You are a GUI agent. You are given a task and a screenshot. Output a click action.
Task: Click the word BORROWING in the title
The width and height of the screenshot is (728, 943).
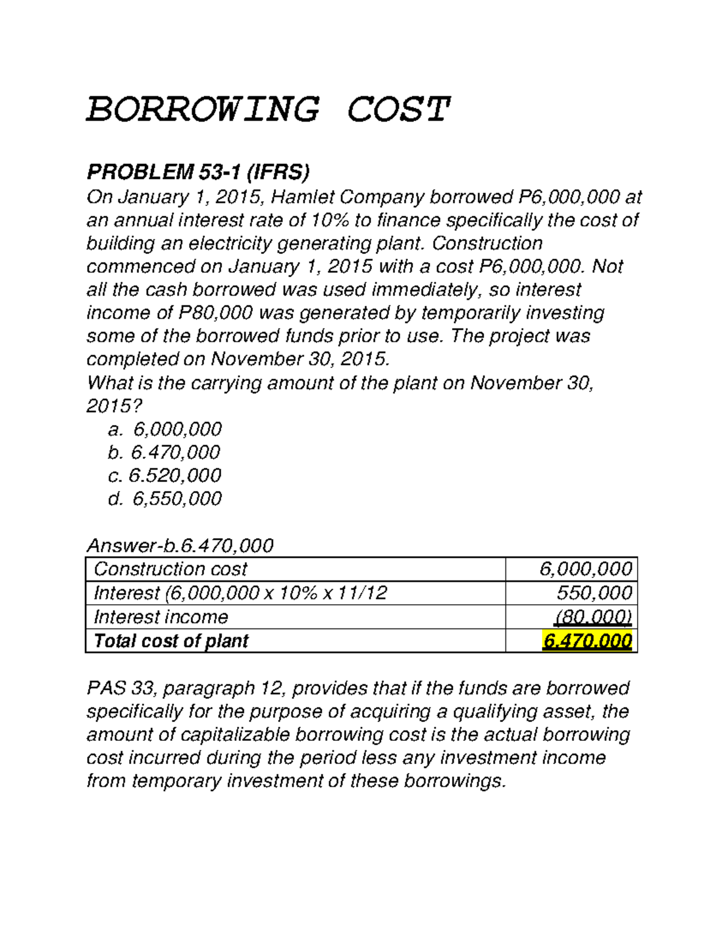point(203,110)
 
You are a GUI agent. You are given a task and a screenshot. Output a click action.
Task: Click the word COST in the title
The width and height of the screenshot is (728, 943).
point(398,110)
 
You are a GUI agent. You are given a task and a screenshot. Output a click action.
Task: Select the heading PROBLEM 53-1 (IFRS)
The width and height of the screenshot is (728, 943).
point(198,172)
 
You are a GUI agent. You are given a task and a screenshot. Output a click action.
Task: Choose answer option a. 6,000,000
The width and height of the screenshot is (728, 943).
point(165,429)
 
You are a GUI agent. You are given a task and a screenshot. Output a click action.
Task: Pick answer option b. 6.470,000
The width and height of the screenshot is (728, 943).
point(164,452)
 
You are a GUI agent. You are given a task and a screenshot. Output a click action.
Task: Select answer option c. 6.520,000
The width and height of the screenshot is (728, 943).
point(164,475)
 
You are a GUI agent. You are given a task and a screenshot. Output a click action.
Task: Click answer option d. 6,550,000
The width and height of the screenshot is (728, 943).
point(165,499)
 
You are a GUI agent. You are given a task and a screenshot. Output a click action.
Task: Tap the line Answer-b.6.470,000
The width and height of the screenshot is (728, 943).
point(180,545)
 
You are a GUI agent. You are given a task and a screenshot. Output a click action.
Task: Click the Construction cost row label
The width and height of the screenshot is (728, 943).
point(170,569)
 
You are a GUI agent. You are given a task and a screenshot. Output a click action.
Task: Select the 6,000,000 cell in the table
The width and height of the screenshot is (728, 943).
point(585,569)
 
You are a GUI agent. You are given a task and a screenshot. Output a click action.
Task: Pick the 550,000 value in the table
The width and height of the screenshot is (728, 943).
point(594,593)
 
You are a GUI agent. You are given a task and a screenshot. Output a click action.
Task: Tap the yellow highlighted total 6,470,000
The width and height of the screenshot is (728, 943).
point(587,641)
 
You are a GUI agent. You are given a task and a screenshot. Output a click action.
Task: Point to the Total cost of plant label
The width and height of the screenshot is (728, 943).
point(171,641)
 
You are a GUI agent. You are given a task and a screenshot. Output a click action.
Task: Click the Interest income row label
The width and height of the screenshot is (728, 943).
point(161,617)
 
